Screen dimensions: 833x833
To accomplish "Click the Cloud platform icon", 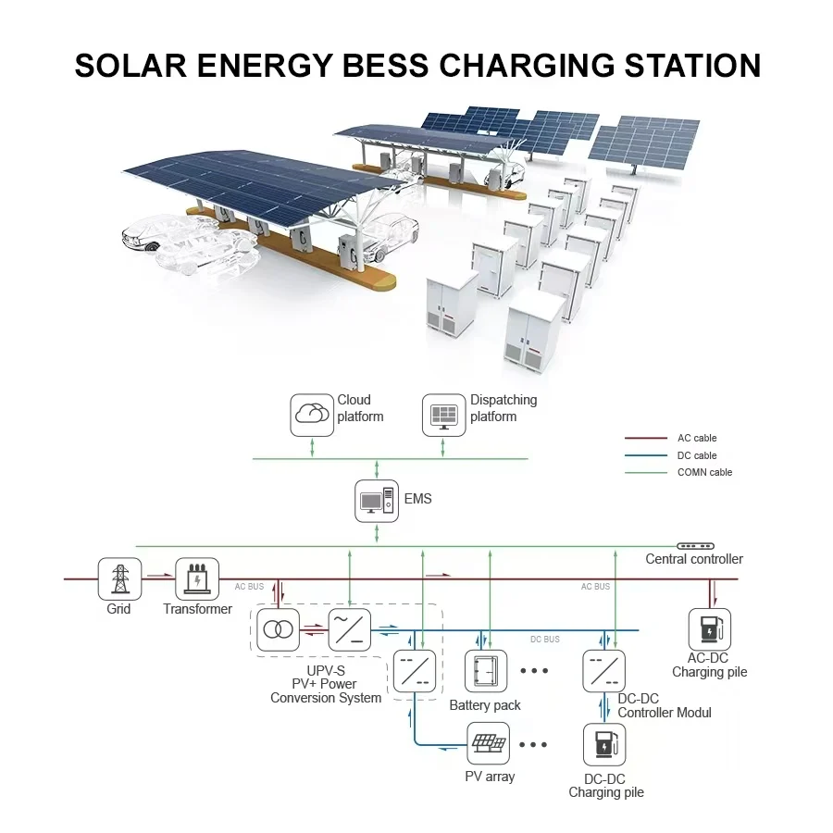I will pyautogui.click(x=312, y=416).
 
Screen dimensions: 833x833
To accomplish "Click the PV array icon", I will pyautogui.click(x=490, y=744).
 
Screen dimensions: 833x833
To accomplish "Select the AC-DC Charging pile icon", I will pyautogui.click(x=709, y=629).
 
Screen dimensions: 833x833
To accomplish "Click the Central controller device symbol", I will pyautogui.click(x=695, y=547).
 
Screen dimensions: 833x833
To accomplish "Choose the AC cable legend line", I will pyautogui.click(x=646, y=438).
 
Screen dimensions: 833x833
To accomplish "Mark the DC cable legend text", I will pyautogui.click(x=697, y=455).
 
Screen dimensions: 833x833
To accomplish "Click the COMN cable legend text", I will pyautogui.click(x=704, y=473).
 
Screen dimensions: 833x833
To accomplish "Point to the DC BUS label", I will pyautogui.click(x=544, y=640).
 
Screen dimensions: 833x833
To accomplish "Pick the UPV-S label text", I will pyautogui.click(x=326, y=669).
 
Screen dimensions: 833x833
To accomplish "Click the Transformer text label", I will pyautogui.click(x=197, y=609).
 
